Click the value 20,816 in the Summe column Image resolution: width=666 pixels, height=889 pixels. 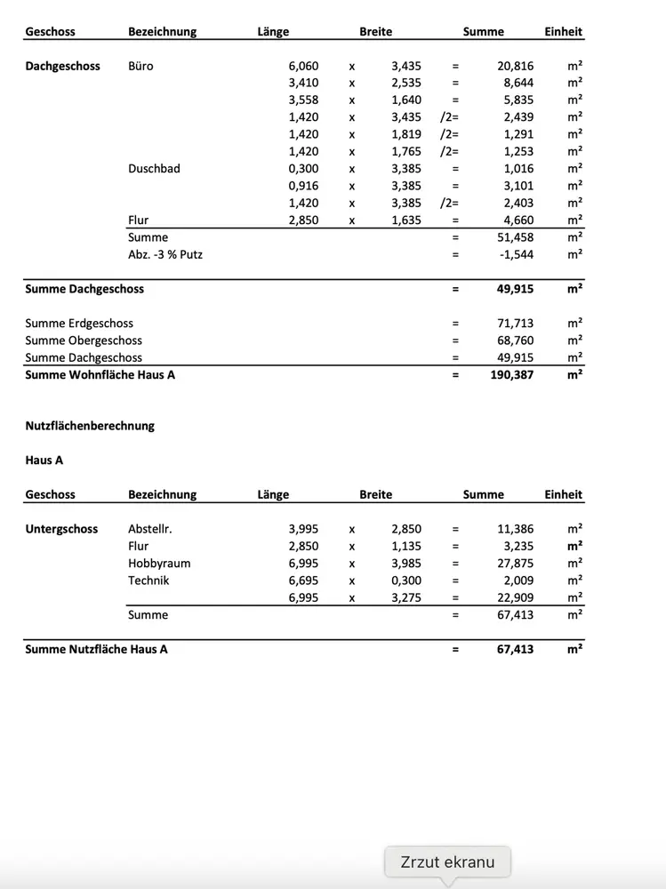pos(515,66)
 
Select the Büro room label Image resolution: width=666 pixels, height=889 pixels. pos(140,66)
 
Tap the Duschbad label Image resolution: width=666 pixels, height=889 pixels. pos(154,168)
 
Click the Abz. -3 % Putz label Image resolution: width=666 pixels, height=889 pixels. pos(165,254)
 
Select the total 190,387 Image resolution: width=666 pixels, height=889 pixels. pos(512,375)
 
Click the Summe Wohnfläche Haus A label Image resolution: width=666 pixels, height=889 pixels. pos(100,375)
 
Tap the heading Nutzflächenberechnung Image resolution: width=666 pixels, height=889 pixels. pos(90,426)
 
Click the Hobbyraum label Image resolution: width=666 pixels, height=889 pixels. pos(159,564)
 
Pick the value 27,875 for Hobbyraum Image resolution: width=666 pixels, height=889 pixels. pos(515,564)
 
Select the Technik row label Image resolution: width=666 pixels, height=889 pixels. pos(148,581)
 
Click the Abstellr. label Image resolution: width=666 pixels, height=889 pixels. pos(149,529)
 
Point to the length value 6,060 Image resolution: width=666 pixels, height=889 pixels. pos(303,66)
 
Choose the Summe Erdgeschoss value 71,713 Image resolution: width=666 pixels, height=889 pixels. pos(515,324)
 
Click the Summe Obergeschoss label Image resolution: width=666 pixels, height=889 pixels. pos(84,340)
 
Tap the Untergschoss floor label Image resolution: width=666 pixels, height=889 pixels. pos(61,529)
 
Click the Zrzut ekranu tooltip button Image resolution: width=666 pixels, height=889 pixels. pos(447,861)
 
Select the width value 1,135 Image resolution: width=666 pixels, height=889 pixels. pos(406,547)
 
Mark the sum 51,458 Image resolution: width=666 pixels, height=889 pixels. pos(515,237)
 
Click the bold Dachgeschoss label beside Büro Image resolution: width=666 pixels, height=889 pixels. pos(62,66)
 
